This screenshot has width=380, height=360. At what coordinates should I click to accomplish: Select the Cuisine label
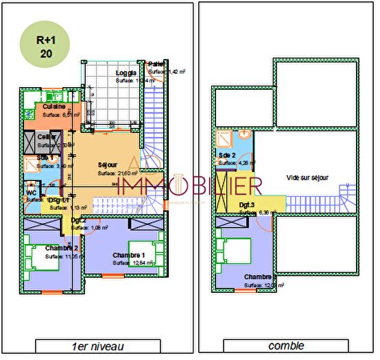coord(55,107)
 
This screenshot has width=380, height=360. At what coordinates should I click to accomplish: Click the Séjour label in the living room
coord(108,165)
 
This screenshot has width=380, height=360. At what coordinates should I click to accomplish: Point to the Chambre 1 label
coord(128,255)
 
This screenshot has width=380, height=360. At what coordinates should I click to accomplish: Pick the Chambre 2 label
coord(62,248)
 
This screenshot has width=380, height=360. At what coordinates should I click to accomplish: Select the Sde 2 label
coord(227,156)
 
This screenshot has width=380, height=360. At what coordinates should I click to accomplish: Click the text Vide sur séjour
coord(307,178)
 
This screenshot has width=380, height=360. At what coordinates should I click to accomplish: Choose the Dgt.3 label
coord(248,205)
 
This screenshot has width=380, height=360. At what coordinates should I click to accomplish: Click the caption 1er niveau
coord(98,346)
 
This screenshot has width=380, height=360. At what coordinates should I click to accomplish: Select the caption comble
coord(286,346)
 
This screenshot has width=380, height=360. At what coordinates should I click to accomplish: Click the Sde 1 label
coord(46,158)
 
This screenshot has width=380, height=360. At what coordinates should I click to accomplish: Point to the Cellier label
coord(47,137)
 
